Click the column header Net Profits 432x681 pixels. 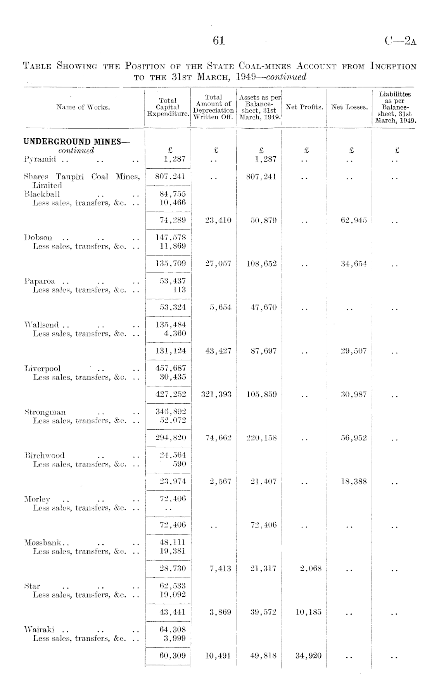coord(304,107)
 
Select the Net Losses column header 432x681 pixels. coord(349,107)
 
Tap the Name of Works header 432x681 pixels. coord(83,107)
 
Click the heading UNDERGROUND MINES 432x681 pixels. coord(77,141)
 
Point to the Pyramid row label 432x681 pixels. coord(40,159)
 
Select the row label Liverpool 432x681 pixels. coord(43,368)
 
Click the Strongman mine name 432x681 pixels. coord(45,412)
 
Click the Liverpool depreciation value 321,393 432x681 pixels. coord(216,394)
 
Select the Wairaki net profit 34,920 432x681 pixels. coord(308,656)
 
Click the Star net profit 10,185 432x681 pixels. coord(308,612)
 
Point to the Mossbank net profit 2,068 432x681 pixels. coord(311,569)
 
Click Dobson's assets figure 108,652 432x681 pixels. coord(261,264)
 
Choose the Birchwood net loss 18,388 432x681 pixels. coord(354,482)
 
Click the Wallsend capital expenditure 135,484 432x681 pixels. coord(171,325)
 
